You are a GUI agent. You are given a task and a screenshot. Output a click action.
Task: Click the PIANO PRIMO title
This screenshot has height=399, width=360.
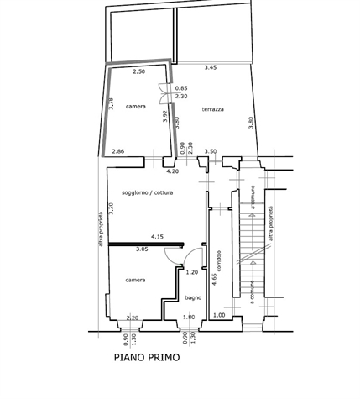pyautogui.click(x=147, y=358)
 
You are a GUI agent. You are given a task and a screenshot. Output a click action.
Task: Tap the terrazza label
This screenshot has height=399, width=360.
pyautogui.click(x=213, y=109)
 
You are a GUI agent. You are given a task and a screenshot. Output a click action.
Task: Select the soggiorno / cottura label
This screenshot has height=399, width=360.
pyautogui.click(x=148, y=192)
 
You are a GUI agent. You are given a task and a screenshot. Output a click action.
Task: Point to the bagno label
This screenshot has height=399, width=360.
pyautogui.click(x=193, y=297)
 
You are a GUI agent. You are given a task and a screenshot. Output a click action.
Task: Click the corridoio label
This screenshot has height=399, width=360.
pyautogui.click(x=219, y=260)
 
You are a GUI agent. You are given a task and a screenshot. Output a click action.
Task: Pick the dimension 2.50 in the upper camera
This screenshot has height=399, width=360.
pyautogui.click(x=139, y=71)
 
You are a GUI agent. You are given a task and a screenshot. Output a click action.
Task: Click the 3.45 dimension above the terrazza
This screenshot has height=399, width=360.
pyautogui.click(x=211, y=67)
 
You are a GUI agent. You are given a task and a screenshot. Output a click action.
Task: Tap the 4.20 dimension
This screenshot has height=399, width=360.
pyautogui.click(x=173, y=171)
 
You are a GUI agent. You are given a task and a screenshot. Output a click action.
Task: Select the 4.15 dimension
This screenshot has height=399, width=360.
pyautogui.click(x=157, y=237)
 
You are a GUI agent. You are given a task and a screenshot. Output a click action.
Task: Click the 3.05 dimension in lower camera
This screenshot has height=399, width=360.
pyautogui.click(x=142, y=249)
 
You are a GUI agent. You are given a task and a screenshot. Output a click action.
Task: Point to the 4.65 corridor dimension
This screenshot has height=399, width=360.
pyautogui.click(x=214, y=279)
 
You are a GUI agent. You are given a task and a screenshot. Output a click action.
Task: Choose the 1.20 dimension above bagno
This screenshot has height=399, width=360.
pyautogui.click(x=192, y=272)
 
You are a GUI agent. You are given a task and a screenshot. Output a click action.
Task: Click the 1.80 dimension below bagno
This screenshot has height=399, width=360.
pyautogui.click(x=189, y=318)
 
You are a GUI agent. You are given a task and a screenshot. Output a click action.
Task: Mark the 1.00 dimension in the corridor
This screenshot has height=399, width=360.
pyautogui.click(x=219, y=315)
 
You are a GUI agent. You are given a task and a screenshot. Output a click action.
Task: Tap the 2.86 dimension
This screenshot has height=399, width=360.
pyautogui.click(x=118, y=151)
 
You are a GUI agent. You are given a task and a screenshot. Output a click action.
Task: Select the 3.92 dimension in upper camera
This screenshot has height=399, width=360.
pyautogui.click(x=165, y=116)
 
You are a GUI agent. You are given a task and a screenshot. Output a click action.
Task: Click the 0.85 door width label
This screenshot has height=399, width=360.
pyautogui.click(x=181, y=88)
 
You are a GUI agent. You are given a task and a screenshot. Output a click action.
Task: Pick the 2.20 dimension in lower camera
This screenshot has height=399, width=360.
pyautogui.click(x=133, y=318)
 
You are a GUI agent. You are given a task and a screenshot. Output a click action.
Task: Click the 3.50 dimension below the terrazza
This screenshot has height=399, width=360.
pyautogui.click(x=211, y=151)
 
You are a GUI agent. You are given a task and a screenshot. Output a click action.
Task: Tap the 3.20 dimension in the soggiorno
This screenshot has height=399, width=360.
pyautogui.click(x=112, y=208)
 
